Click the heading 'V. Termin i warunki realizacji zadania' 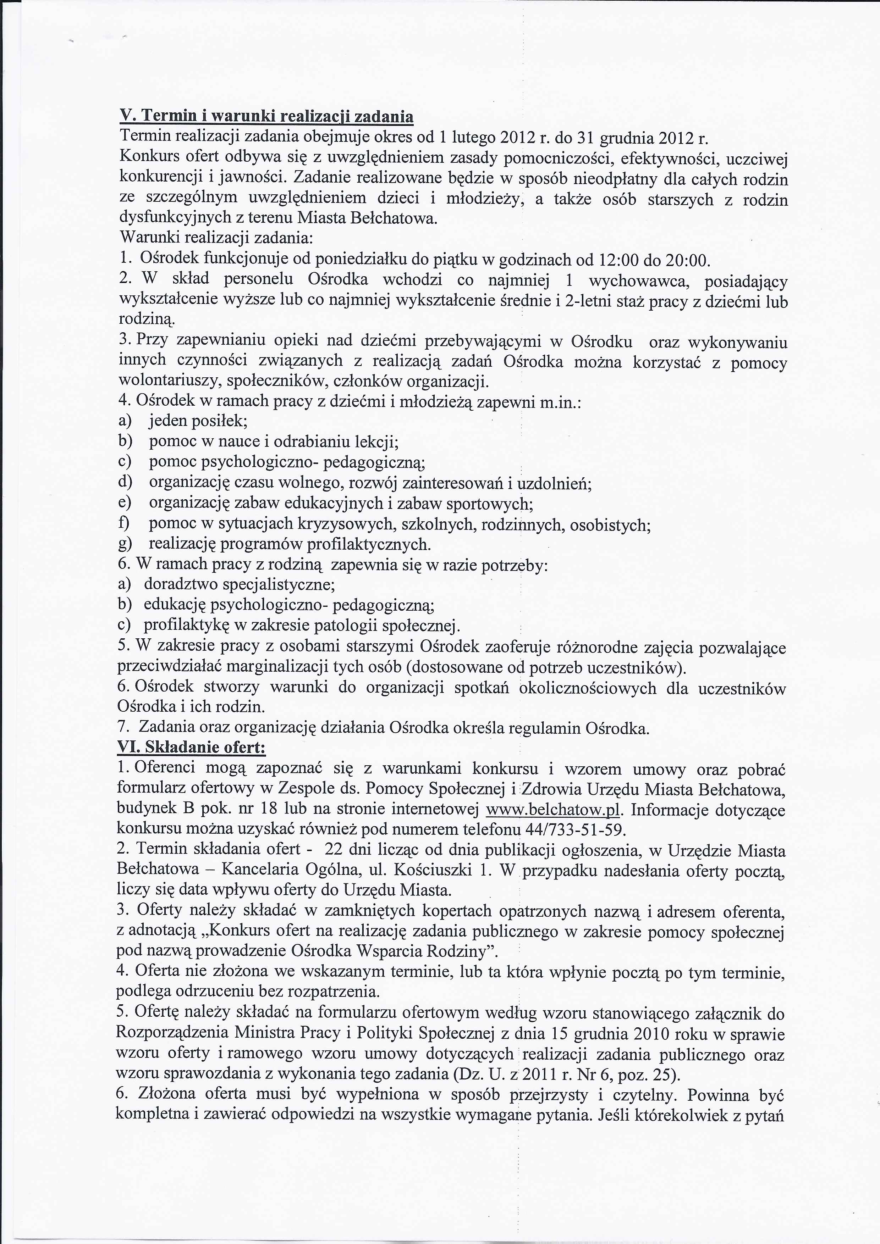tap(266, 116)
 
